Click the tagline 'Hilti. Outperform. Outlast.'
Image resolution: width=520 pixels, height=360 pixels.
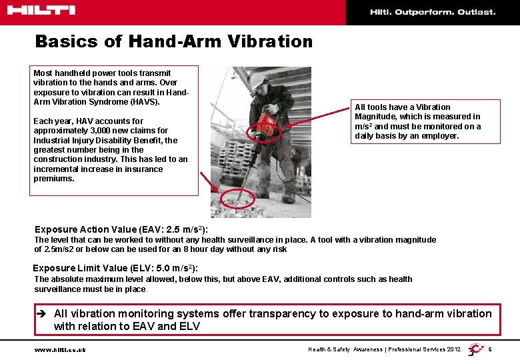tap(433, 12)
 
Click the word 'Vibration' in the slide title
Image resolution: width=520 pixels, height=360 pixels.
tap(269, 42)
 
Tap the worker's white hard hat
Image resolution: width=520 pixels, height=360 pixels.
tap(259, 81)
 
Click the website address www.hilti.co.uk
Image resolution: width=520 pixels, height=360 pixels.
tap(59, 349)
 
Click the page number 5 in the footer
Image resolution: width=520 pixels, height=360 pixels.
tap(490, 349)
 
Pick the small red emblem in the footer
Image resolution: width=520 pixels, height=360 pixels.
tap(475, 349)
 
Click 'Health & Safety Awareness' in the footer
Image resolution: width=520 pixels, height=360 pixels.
tap(345, 349)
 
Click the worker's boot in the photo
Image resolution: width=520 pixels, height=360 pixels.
tap(288, 198)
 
